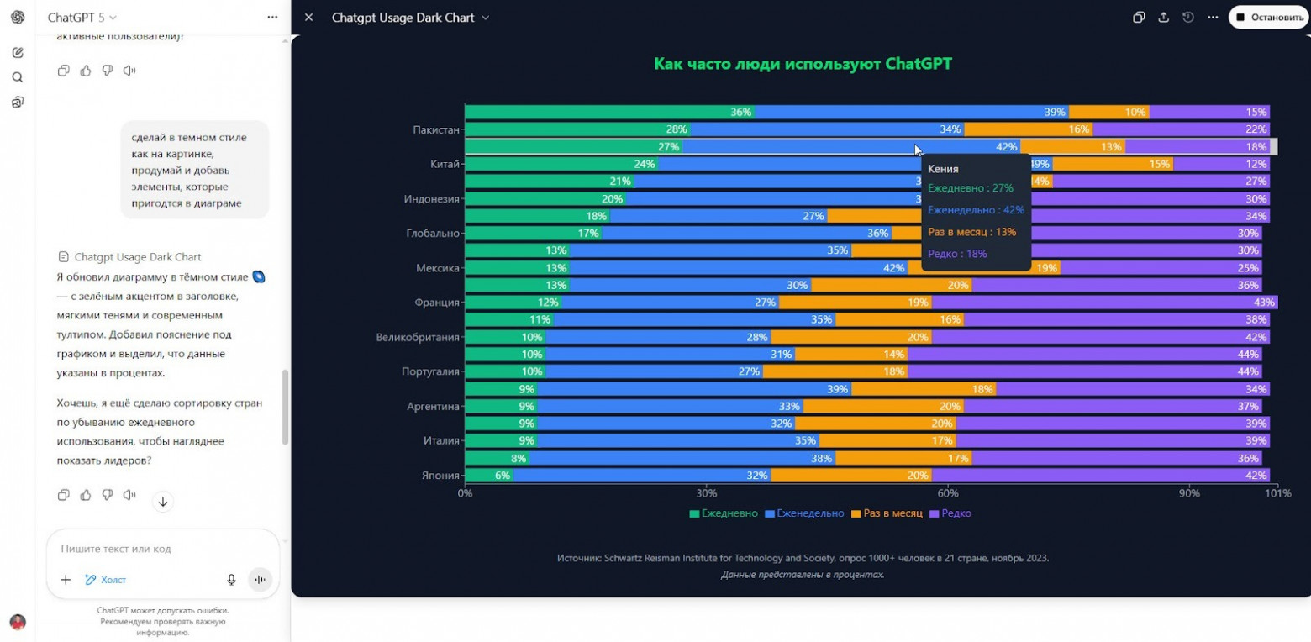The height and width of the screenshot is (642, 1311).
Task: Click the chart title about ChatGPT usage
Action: [803, 64]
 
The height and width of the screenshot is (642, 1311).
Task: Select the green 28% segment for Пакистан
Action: [577, 129]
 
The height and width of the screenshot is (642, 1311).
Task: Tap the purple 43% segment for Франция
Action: [1104, 303]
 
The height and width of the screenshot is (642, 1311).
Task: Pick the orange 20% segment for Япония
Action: [850, 476]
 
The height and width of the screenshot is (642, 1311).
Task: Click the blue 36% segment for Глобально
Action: [746, 234]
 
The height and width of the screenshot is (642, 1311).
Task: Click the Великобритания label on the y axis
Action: [418, 337]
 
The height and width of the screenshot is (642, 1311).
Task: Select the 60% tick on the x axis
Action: [948, 493]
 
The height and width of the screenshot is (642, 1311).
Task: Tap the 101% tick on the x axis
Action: [1277, 493]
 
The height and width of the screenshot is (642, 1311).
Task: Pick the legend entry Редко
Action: [956, 513]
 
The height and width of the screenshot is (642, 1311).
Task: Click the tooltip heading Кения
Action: [943, 169]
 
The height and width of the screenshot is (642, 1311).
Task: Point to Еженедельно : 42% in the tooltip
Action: [976, 210]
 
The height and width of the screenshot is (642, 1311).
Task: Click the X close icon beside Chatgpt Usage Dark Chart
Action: [309, 18]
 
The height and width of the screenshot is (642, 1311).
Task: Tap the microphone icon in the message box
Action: [231, 580]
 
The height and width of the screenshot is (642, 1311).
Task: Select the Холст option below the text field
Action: [106, 580]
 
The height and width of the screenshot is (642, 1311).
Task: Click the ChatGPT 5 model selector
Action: [82, 18]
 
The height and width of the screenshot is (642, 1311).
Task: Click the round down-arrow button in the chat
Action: [163, 502]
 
